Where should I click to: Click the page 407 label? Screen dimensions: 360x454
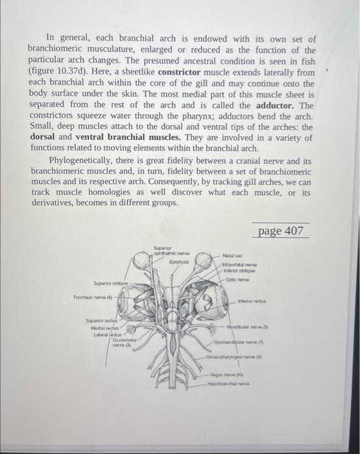pyautogui.click(x=281, y=231)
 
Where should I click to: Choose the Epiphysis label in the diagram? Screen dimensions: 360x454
pyautogui.click(x=180, y=262)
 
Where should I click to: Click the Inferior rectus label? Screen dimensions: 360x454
pyautogui.click(x=252, y=300)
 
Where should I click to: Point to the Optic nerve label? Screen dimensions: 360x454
pyautogui.click(x=237, y=280)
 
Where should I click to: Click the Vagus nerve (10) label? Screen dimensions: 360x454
pyautogui.click(x=224, y=375)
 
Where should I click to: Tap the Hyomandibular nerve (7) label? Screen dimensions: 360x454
pyautogui.click(x=235, y=341)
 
